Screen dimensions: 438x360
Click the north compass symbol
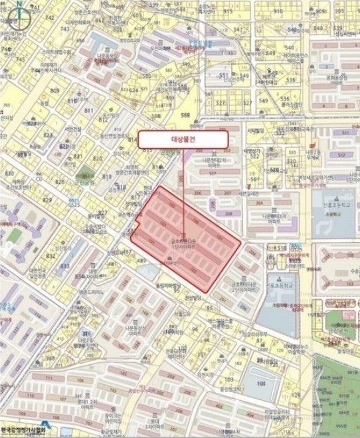[x=21, y=15]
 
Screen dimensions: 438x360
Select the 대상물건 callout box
[x=183, y=139]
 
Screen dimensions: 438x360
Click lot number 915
[x=228, y=11]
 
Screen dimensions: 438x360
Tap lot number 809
[x=54, y=90]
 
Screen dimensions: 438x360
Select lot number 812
[x=103, y=120]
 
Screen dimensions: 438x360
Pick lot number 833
[x=64, y=265]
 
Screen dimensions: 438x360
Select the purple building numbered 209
[x=228, y=213]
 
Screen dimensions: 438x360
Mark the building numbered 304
[x=260, y=203]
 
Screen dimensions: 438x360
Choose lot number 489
[x=140, y=261]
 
